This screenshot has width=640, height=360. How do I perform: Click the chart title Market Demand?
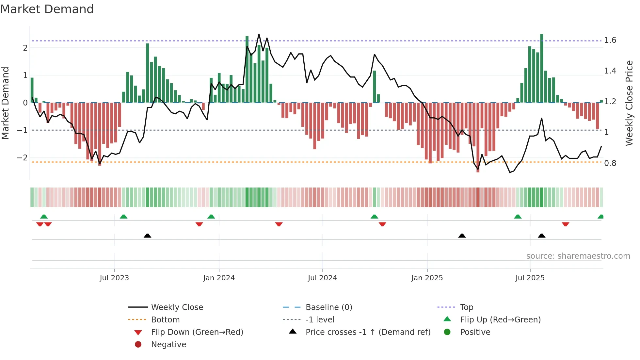click(47, 9)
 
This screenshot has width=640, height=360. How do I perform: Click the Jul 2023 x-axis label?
click(114, 278)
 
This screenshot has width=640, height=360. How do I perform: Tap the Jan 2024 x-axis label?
click(219, 278)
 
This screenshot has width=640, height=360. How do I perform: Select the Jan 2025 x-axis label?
click(427, 278)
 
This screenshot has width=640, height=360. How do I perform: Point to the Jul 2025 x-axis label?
click(530, 278)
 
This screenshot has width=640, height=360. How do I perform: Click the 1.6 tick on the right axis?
click(610, 40)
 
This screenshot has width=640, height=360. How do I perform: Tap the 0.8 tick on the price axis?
click(610, 163)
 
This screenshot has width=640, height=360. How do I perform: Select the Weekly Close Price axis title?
click(629, 103)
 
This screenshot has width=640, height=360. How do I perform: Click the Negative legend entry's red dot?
click(138, 345)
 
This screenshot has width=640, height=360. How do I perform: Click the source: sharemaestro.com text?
click(578, 256)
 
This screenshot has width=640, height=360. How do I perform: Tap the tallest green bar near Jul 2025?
click(542, 69)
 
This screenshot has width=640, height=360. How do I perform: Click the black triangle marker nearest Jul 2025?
click(541, 236)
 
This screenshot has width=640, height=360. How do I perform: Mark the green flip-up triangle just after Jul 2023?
click(123, 217)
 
